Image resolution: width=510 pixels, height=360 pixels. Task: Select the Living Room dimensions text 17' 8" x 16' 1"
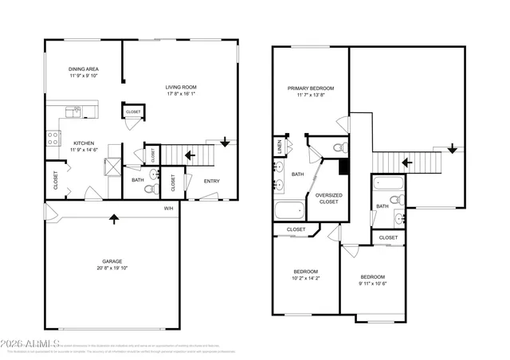click(181, 94)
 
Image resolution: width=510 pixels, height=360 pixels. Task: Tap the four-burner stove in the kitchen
click(53, 138)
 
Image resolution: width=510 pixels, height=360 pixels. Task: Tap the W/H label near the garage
click(169, 209)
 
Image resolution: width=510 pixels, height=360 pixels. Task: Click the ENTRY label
click(211, 181)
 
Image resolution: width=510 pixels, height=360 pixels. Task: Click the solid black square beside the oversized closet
click(343, 166)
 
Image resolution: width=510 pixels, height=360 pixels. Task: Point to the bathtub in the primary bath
click(289, 212)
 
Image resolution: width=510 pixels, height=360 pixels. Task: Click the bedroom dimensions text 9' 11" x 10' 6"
click(372, 284)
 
